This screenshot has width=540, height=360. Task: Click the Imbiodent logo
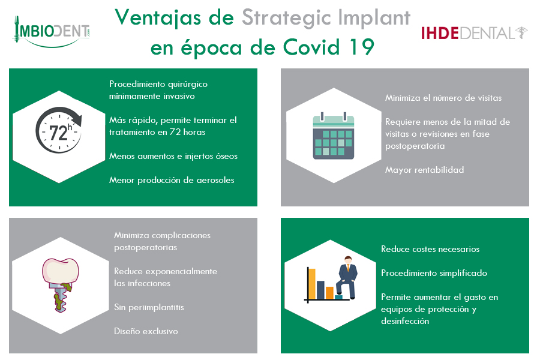52,32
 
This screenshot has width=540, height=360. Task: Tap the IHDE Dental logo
474,33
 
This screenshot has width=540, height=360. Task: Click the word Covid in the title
311,47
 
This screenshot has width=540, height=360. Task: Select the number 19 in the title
362,47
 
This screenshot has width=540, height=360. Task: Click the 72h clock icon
59,130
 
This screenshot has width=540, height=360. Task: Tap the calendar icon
334,136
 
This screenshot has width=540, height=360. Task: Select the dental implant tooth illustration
61,285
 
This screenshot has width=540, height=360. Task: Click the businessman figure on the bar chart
347,277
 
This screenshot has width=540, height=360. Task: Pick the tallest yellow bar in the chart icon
311,284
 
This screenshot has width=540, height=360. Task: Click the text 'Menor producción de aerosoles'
172,180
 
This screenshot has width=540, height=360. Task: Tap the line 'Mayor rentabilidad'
424,170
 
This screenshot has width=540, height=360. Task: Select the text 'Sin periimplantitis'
149,307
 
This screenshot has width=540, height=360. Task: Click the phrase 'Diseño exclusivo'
146,331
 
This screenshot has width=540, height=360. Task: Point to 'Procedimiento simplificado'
434,273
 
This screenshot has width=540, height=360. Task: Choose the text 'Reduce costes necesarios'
430,249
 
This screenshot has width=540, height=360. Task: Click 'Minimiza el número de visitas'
443,98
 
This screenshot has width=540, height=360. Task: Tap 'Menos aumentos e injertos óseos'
173,156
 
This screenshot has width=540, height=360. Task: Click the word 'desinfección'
405,321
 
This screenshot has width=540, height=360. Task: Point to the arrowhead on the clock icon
78,121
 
